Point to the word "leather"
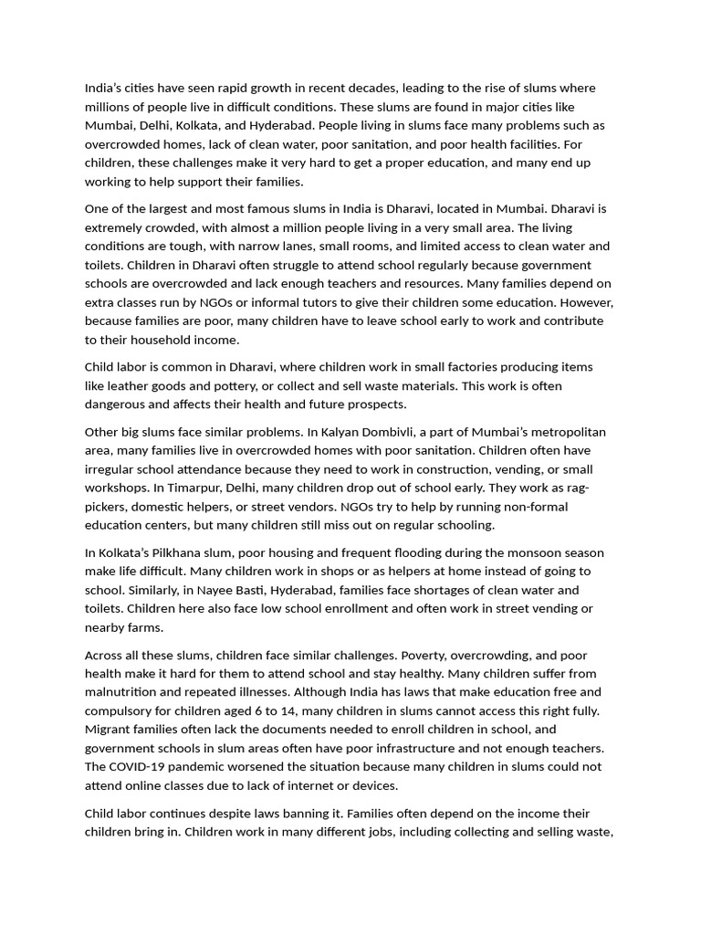click(131, 386)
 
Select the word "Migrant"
click(110, 730)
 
